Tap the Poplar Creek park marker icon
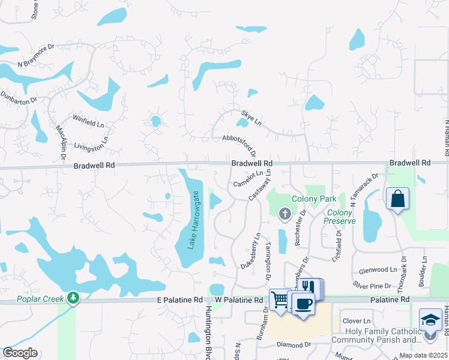73,297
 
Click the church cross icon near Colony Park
285,212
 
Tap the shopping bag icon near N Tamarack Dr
397,199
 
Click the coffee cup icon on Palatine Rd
303,304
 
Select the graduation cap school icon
430,320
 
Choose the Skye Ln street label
252,118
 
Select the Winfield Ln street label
88,121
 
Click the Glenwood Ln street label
378,271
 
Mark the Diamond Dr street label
294,344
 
